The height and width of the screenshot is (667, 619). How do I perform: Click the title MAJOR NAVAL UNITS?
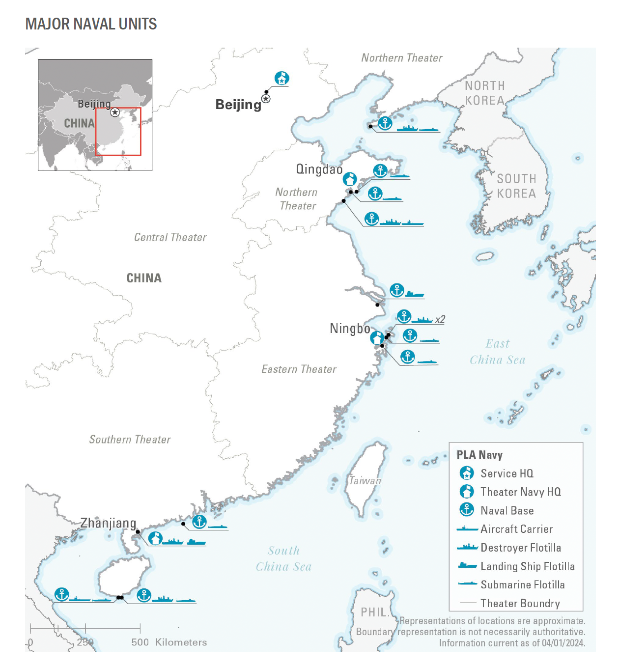91,24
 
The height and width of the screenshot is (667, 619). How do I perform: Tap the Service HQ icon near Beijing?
281,78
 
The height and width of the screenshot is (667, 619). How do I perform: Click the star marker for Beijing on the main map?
266,99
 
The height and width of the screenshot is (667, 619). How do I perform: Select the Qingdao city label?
319,169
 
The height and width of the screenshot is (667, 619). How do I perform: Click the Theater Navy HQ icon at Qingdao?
349,179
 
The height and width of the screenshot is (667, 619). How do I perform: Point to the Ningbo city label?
350,328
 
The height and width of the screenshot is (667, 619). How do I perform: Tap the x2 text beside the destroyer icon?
440,320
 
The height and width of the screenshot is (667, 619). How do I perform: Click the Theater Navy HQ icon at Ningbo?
377,338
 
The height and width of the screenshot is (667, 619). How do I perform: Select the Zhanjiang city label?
108,523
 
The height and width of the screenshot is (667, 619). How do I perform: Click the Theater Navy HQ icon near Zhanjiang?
155,538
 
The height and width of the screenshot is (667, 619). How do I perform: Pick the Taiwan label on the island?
365,481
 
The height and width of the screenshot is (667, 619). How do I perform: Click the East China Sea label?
497,352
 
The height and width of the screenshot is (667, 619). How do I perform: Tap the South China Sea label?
283,558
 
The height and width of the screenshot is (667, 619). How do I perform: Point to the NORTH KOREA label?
485,93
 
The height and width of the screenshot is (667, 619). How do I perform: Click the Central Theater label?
170,237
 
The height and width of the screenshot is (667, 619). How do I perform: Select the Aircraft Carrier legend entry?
516,529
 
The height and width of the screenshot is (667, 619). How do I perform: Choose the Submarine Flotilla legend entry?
522,584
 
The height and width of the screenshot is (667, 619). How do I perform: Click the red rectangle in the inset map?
118,132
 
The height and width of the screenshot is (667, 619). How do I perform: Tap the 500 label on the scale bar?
140,642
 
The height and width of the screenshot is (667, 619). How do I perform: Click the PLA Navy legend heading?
479,455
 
